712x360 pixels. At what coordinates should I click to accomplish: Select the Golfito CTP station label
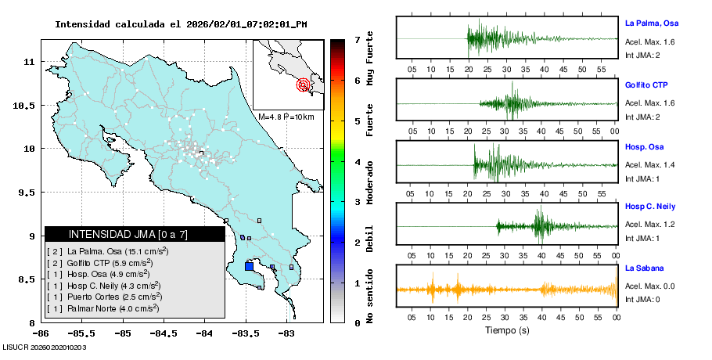[646, 85]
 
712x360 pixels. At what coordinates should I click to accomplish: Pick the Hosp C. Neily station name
[649, 206]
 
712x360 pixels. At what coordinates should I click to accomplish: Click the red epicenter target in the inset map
[303, 85]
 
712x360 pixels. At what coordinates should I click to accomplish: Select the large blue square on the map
[249, 266]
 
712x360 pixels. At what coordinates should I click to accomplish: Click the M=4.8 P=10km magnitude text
[286, 117]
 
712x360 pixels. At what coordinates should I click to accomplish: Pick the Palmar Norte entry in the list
[106, 308]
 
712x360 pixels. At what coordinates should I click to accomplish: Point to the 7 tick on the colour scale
[357, 39]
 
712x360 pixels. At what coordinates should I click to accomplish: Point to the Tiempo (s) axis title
[506, 330]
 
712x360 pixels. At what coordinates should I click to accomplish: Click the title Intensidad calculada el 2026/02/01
[181, 24]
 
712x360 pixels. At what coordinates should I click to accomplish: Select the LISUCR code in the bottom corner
[44, 347]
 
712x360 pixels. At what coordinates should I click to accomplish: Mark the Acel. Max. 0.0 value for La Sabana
[650, 286]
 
